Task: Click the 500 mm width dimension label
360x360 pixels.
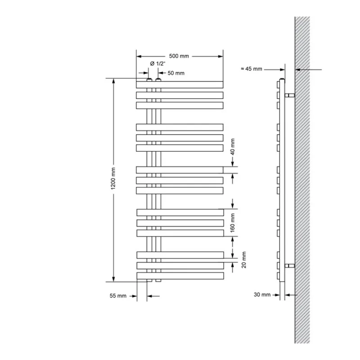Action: (x=179, y=56)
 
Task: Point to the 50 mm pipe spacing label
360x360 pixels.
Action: (x=176, y=73)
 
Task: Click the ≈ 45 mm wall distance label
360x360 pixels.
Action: (x=251, y=69)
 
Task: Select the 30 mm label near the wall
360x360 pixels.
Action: (x=262, y=295)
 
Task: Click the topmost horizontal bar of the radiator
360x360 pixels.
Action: (x=180, y=84)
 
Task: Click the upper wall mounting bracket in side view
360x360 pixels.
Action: (x=290, y=95)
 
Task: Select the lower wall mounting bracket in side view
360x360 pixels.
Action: (x=290, y=265)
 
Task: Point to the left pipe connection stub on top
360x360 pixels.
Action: (x=149, y=80)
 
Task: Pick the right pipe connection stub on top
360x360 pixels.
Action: (x=158, y=80)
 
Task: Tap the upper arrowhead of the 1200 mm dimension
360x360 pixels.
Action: (x=113, y=81)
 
